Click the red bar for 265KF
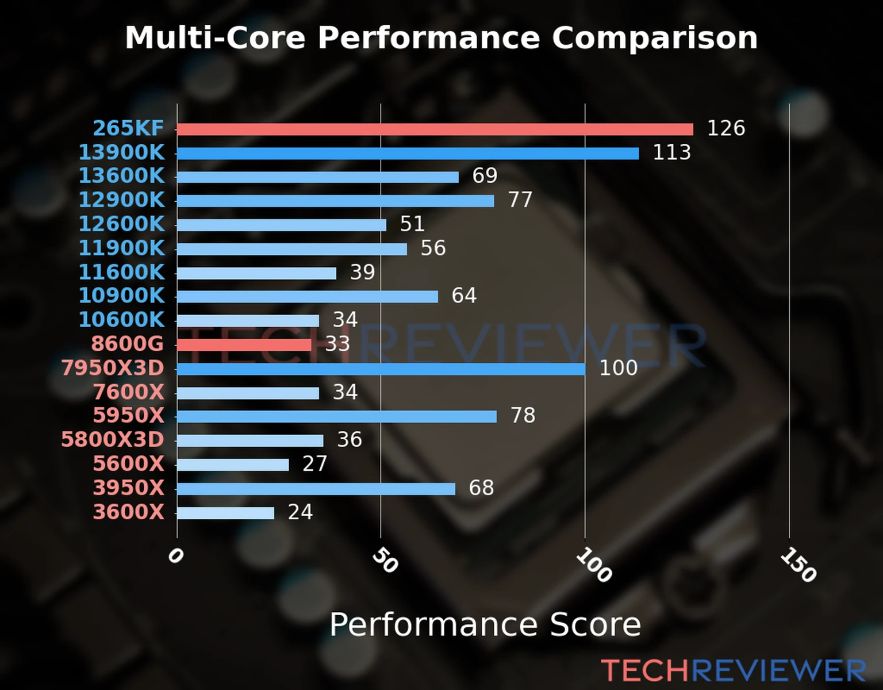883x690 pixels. click(x=435, y=129)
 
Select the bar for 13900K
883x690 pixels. click(x=408, y=154)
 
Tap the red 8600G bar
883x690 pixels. click(x=244, y=345)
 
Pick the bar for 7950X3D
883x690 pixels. click(x=381, y=369)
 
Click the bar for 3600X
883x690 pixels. click(x=225, y=513)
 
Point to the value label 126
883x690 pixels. click(x=725, y=128)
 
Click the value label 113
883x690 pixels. click(x=671, y=152)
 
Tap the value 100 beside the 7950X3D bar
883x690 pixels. click(x=618, y=368)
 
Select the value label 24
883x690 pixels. click(x=300, y=512)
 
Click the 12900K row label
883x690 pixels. click(x=121, y=200)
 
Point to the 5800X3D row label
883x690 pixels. click(x=113, y=440)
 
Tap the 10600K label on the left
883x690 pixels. click(x=121, y=320)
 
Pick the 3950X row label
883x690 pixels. click(x=129, y=488)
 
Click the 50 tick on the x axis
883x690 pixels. click(x=385, y=561)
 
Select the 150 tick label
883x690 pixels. click(x=798, y=565)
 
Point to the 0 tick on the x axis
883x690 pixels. click(x=175, y=556)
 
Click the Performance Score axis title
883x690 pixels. click(x=485, y=624)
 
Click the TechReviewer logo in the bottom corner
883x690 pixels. click(x=733, y=671)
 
